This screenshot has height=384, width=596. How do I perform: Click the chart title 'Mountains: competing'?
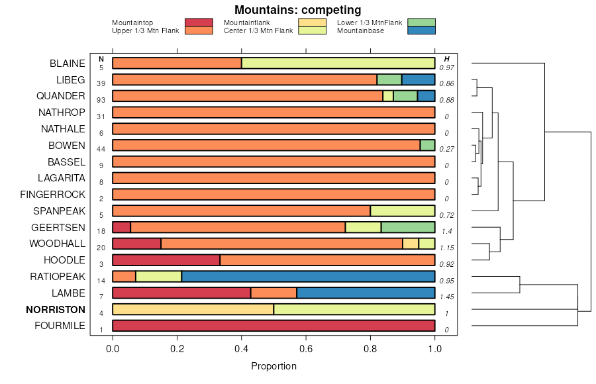[297, 10]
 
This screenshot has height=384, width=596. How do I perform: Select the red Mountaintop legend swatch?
[199, 23]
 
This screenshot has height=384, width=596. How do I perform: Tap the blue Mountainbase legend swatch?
[421, 30]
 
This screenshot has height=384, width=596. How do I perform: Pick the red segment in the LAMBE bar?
[181, 293]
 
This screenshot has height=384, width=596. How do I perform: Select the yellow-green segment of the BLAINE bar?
[338, 64]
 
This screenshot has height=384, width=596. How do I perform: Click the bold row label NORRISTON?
[56, 309]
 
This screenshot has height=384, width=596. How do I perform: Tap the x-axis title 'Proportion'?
[273, 366]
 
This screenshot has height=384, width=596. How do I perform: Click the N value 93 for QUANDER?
[101, 100]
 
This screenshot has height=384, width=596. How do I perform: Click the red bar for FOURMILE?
[273, 326]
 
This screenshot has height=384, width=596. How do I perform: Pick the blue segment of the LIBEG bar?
[418, 79]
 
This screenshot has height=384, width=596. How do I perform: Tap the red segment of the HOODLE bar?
[166, 260]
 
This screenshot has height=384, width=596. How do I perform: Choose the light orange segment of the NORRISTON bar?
[193, 309]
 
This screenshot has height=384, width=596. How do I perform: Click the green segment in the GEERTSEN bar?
[408, 227]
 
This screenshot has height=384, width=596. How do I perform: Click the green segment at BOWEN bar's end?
[427, 145]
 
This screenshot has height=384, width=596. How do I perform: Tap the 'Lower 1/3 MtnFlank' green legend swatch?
[421, 23]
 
